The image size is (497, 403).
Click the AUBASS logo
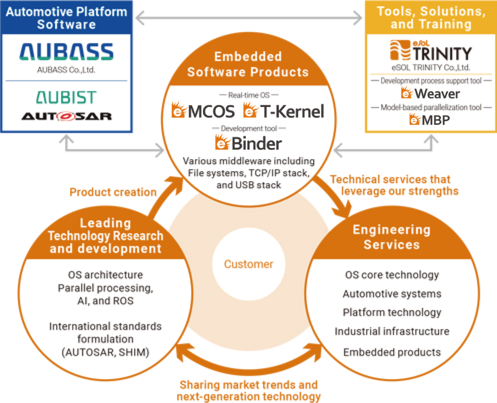(66, 51)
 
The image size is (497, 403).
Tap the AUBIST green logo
(66, 97)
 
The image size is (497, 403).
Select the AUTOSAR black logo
(66, 116)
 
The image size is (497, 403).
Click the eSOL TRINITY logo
(431, 50)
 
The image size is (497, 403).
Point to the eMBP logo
(429, 119)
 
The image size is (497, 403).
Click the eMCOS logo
(203, 110)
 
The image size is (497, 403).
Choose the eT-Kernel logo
(283, 110)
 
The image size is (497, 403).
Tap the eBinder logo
(248, 142)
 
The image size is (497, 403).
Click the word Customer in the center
(248, 264)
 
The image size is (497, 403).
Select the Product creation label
(113, 192)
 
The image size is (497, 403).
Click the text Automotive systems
(392, 294)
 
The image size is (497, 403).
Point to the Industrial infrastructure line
(392, 331)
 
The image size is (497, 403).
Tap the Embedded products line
(392, 352)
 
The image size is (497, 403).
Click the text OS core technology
(392, 275)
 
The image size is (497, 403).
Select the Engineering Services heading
(392, 237)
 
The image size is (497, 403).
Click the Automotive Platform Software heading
(66, 18)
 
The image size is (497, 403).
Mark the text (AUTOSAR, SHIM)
(105, 352)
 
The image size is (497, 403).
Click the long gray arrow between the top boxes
(249, 18)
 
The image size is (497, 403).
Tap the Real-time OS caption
(249, 95)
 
